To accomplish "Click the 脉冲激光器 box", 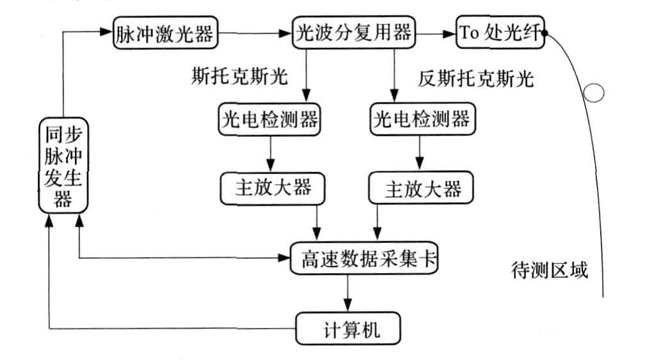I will click(165, 33).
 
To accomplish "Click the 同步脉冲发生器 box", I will click(62, 166).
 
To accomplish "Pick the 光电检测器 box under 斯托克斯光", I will click(268, 120).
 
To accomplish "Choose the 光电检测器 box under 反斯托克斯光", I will click(420, 120).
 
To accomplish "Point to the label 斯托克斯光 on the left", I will click(239, 77).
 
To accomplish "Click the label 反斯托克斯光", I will click(476, 79).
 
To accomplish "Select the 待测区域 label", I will click(550, 269).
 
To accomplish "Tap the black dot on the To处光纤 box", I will click(545, 33).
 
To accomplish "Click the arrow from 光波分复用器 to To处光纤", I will click(434, 33).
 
